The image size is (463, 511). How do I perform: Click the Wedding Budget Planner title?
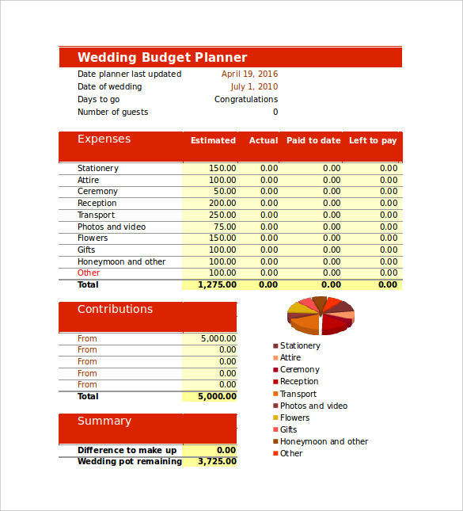pos(162,57)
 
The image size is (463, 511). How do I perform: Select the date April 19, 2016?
pos(249,74)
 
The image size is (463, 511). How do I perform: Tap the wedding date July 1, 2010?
pos(254,87)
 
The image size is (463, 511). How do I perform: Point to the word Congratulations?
pos(246,100)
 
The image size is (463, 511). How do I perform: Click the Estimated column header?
pos(213,140)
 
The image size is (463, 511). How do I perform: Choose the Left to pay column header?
pos(373,140)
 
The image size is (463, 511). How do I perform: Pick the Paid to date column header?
pos(313,140)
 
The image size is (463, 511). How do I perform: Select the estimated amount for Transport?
pos(222,215)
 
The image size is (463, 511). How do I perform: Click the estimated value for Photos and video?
pos(225,227)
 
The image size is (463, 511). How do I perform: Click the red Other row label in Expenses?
pos(89,273)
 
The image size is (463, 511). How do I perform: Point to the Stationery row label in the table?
pos(98,168)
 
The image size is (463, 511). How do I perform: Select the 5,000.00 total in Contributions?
pos(216,396)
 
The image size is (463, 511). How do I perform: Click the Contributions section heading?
pos(115,309)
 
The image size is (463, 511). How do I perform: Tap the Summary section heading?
pos(104,421)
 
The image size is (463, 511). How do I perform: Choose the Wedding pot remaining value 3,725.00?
pos(217,461)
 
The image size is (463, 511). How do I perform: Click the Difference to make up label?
pos(127,450)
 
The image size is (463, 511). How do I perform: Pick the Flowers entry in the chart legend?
pos(294,418)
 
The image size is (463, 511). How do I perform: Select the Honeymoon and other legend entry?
pos(324,441)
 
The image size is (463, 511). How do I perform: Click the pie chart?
pos(321,315)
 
